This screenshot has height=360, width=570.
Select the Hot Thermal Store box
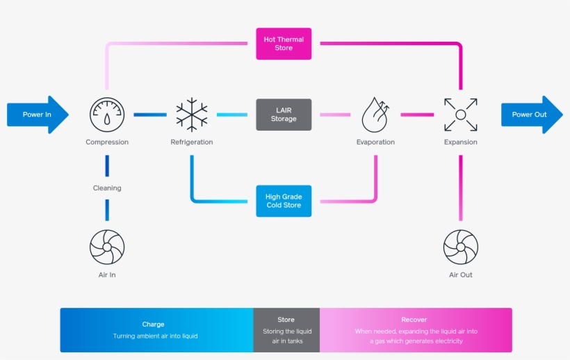click(284, 44)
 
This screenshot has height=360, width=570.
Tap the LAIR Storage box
click(284, 115)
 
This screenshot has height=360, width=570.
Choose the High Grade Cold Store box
click(284, 201)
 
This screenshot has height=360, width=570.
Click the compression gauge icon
click(107, 115)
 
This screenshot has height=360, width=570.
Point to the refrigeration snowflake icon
click(192, 115)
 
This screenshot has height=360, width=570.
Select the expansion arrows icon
click(460, 115)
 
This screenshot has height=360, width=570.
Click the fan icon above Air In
click(107, 247)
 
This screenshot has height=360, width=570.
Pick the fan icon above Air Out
click(460, 247)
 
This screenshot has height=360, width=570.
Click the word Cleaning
click(107, 188)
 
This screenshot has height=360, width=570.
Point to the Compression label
click(107, 142)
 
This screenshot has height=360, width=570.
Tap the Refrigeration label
click(192, 142)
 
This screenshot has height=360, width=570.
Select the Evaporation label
click(375, 142)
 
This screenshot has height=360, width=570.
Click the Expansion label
click(460, 142)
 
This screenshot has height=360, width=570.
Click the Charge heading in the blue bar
click(154, 324)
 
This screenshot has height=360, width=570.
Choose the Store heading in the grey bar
click(286, 320)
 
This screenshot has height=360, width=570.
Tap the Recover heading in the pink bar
click(414, 320)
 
